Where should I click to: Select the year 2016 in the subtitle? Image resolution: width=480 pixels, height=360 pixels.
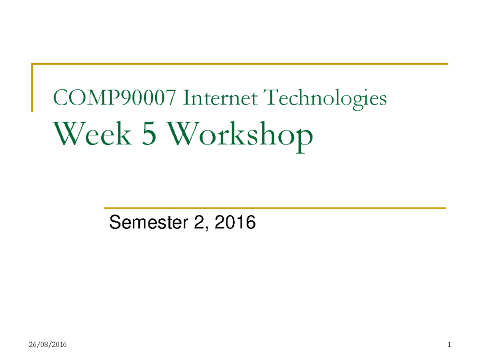coord(235,222)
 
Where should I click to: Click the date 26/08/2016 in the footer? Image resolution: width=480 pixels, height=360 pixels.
coord(48,345)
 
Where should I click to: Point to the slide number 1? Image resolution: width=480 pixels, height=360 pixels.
coord(450,345)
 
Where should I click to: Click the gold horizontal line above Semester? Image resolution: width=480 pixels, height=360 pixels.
coord(274,208)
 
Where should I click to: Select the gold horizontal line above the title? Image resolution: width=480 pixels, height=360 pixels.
coord(240,64)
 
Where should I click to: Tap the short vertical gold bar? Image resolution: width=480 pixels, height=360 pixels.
coord(32,88)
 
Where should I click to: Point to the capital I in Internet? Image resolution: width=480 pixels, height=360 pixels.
coord(186,98)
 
